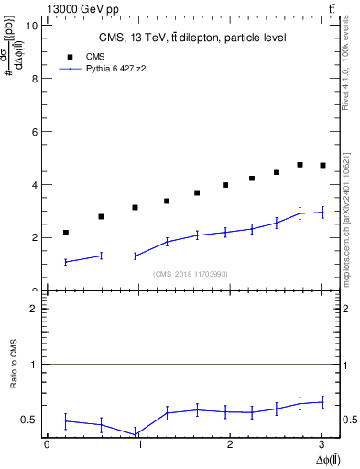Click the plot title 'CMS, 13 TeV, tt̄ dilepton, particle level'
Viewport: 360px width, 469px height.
[x=193, y=38]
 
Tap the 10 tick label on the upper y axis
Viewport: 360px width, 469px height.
[x=33, y=26]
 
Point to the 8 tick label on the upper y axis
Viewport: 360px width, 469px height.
[x=35, y=79]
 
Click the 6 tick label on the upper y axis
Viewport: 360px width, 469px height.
[x=35, y=132]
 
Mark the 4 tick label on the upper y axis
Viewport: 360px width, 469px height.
[x=35, y=185]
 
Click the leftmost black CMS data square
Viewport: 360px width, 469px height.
[x=66, y=233]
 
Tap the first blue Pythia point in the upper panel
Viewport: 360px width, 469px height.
[x=66, y=262]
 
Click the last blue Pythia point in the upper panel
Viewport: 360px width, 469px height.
[x=322, y=213]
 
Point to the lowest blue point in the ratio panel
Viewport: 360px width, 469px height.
[x=136, y=434]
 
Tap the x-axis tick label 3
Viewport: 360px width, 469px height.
[x=322, y=444]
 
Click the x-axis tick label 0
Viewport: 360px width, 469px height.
[x=47, y=444]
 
